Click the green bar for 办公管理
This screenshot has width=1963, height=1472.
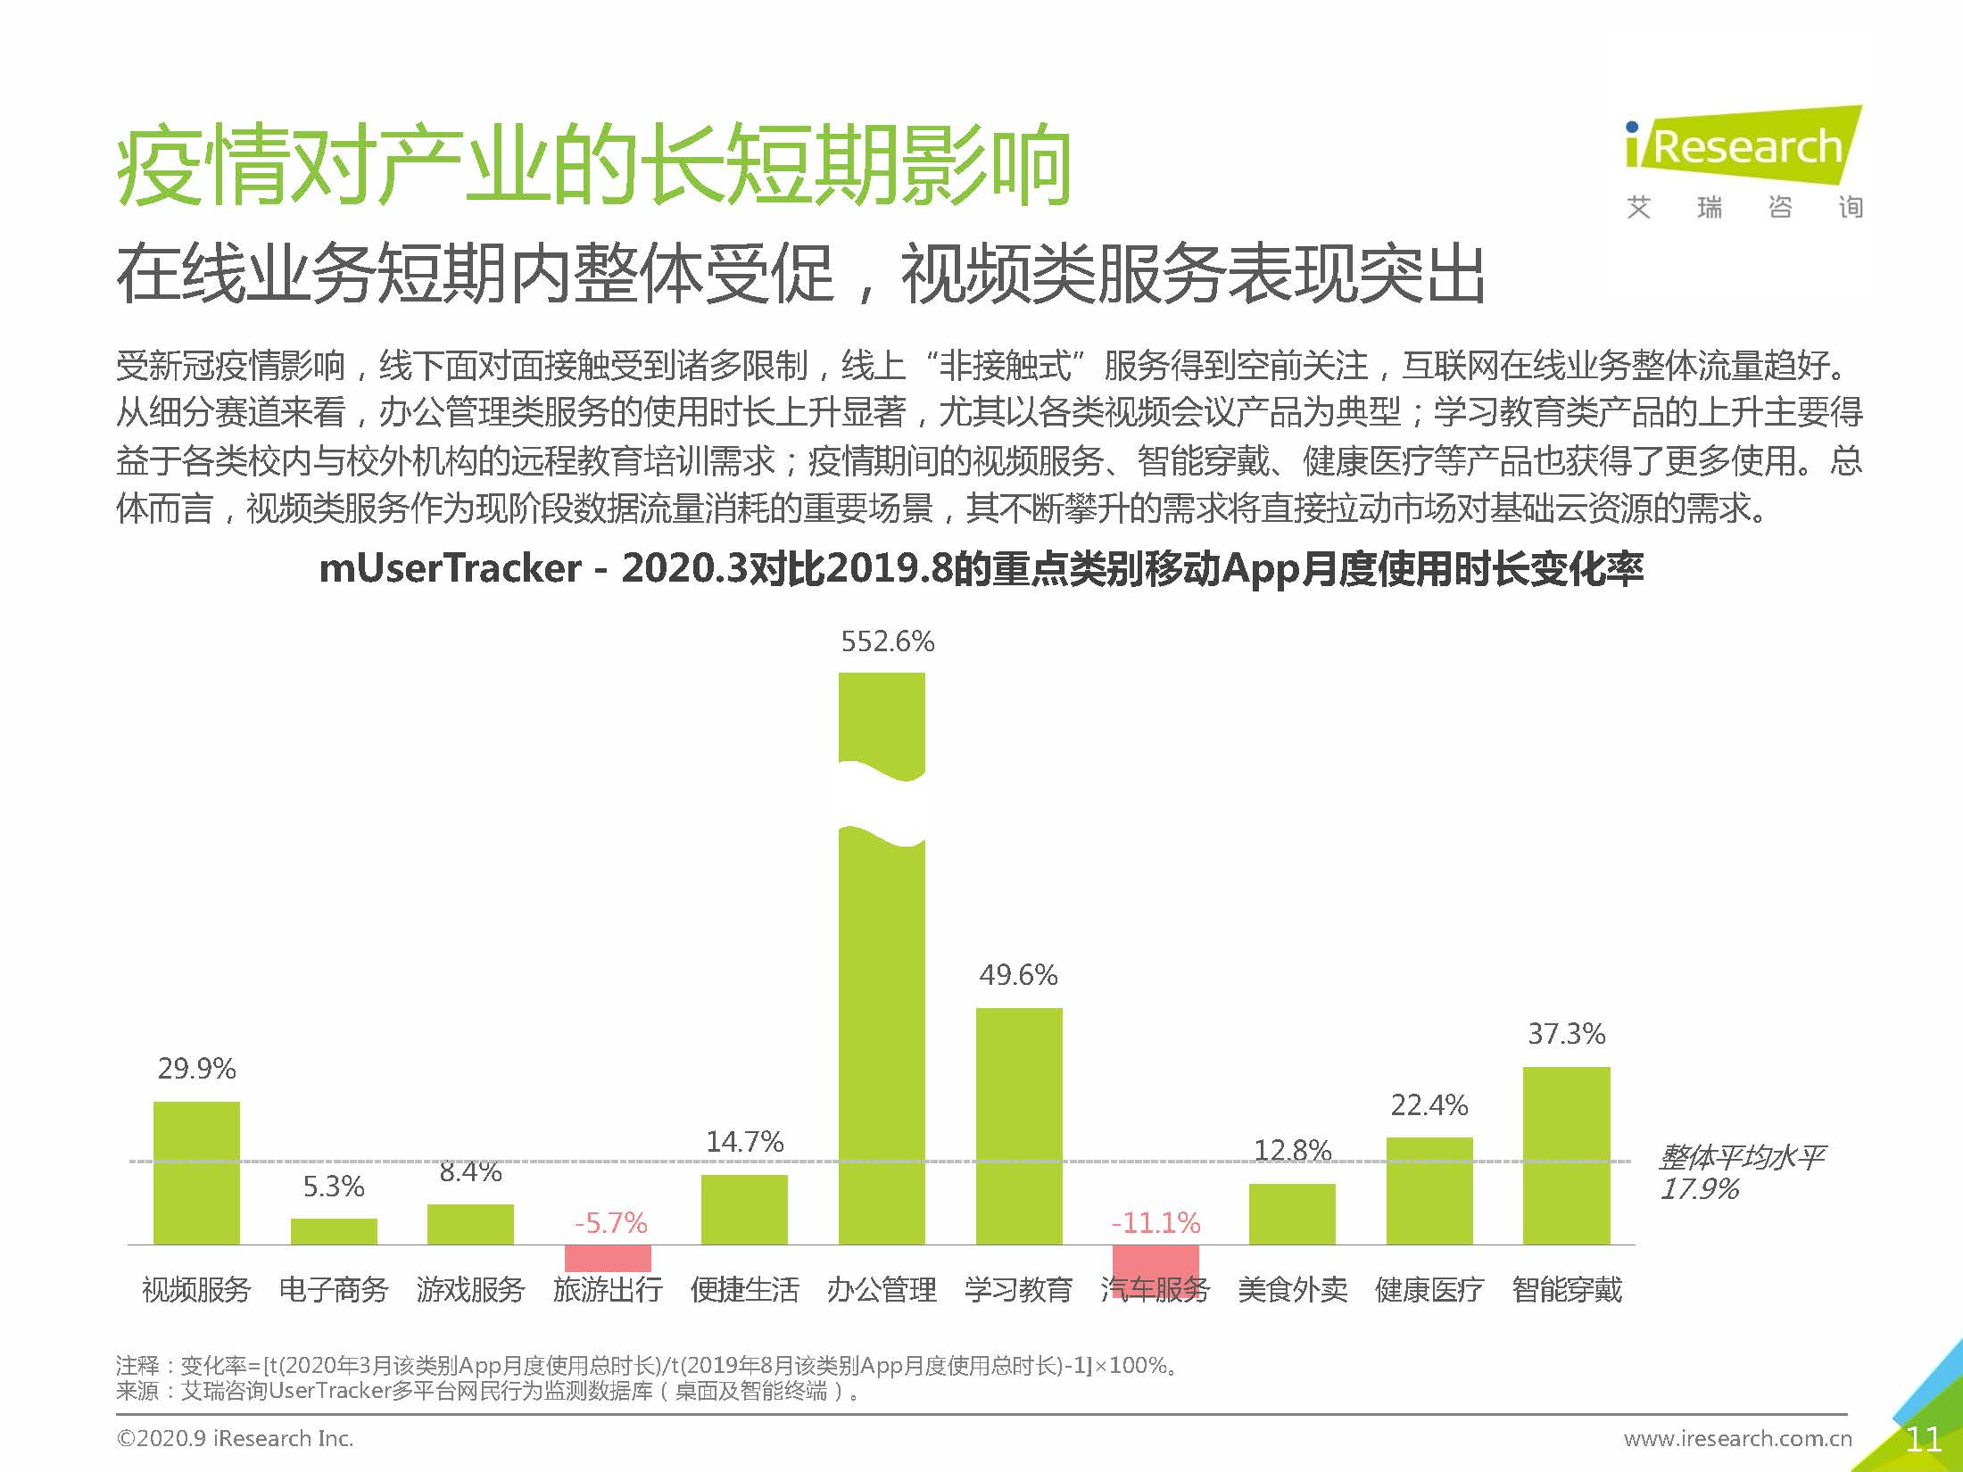point(882,1026)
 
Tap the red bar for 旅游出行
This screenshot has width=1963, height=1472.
point(608,1258)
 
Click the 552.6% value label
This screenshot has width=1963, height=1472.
point(887,641)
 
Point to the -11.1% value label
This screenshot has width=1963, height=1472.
point(1155,1222)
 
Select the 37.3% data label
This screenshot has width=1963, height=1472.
point(1566,1034)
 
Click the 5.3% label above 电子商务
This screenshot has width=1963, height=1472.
point(334,1187)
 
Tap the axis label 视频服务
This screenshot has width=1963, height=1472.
point(196,1289)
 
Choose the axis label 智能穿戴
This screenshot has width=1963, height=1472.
point(1567,1289)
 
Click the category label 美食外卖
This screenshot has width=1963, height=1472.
point(1292,1289)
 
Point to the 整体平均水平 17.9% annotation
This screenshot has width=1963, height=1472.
point(1740,1173)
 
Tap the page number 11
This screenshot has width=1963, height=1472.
point(1922,1439)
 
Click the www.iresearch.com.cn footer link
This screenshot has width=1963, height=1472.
point(1737,1439)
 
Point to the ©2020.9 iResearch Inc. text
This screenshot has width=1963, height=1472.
point(235,1439)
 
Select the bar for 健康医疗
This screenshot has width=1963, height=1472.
point(1429,1191)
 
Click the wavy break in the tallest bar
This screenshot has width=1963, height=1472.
point(882,803)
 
